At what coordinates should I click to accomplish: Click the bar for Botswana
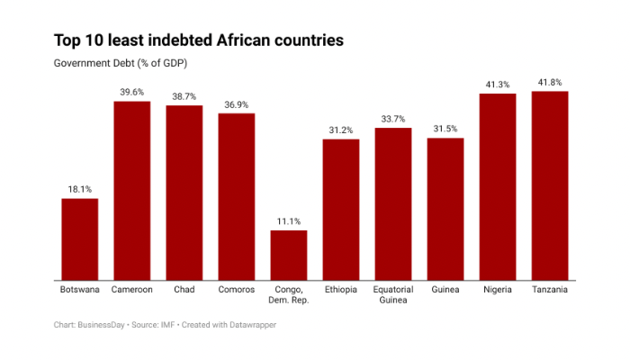pyautogui.click(x=79, y=239)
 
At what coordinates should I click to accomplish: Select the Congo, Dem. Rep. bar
pyautogui.click(x=289, y=256)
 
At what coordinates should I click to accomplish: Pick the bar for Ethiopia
pyautogui.click(x=341, y=210)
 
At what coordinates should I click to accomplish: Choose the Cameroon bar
pyautogui.click(x=131, y=191)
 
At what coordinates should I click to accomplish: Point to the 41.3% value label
pyautogui.click(x=498, y=84)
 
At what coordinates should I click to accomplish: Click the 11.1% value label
pyautogui.click(x=289, y=221)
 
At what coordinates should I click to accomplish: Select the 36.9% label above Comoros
pyautogui.click(x=237, y=104)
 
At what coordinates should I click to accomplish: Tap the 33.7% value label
pyautogui.click(x=393, y=119)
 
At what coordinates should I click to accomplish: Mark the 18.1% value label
pyautogui.click(x=79, y=189)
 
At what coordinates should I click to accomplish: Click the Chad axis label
pyautogui.click(x=184, y=290)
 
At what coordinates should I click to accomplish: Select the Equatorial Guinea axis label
pyautogui.click(x=393, y=294)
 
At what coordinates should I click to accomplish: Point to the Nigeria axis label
pyautogui.click(x=498, y=290)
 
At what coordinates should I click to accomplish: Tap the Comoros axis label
pyautogui.click(x=237, y=290)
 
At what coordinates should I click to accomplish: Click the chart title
pyautogui.click(x=198, y=40)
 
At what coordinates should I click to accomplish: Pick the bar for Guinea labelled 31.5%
pyautogui.click(x=445, y=209)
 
